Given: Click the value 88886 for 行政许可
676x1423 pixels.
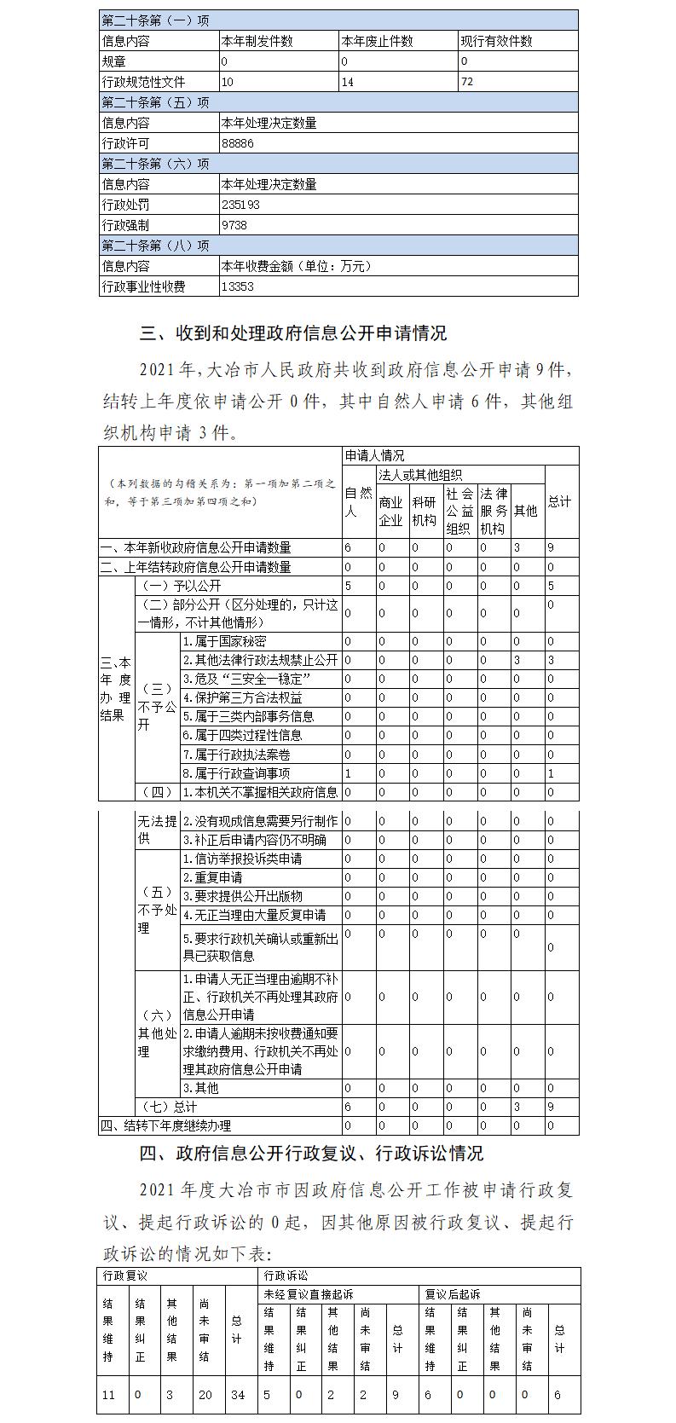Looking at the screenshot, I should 238,143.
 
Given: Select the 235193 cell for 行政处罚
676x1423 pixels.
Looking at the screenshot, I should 240,205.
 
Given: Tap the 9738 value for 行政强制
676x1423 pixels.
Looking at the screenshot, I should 234,225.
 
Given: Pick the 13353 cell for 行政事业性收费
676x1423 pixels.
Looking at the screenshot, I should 238,286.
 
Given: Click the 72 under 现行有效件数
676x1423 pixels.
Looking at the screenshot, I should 465,82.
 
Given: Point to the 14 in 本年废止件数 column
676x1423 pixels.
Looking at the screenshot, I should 347,82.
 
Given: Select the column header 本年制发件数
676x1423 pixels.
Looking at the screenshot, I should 257,41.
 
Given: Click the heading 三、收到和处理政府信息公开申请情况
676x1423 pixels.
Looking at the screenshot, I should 293,332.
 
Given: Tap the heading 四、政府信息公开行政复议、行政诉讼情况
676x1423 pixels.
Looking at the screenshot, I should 311,1154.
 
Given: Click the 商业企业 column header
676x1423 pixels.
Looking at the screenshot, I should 390,511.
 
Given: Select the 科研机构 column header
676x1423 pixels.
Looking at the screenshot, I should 424,511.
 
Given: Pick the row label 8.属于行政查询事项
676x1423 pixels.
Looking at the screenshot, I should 236,772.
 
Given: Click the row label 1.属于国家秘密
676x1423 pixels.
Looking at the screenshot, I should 224,641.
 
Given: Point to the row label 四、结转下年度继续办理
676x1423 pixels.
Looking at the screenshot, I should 165,1125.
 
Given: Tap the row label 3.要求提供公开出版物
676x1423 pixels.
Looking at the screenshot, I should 242,896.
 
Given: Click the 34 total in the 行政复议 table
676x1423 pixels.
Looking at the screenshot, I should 238,1395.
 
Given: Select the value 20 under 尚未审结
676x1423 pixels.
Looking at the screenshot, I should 205,1395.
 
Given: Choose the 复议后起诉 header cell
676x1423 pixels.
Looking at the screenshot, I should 453,1294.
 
